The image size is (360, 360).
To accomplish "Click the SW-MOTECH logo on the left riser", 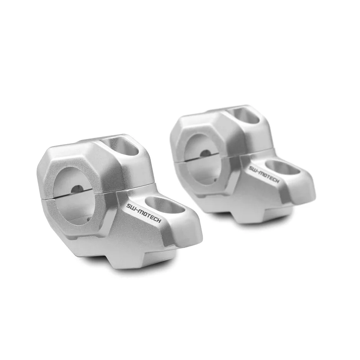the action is pyautogui.click(x=144, y=213).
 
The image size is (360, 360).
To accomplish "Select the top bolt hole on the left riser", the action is pyautogui.click(x=121, y=145).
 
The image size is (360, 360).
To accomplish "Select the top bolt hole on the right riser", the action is pyautogui.click(x=244, y=115).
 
